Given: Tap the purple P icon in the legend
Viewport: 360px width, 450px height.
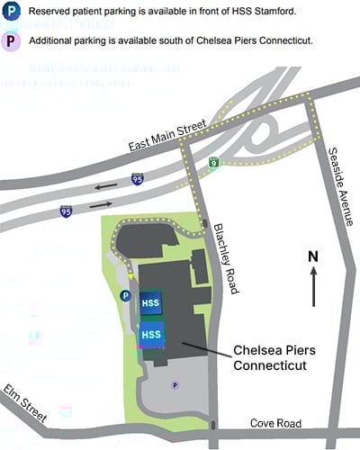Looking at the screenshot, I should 13,41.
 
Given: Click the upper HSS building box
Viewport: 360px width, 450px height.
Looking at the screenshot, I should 151,302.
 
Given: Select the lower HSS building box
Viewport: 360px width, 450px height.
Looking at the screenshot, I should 151,335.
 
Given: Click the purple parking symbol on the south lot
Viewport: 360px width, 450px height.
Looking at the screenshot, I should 175,384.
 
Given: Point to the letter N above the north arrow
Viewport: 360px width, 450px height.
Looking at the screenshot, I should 313,256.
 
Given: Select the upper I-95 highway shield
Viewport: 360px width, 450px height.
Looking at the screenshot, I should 136,180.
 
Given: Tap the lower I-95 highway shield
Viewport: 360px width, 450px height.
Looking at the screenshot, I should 67,211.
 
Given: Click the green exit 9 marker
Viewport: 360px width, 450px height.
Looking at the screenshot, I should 213,163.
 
